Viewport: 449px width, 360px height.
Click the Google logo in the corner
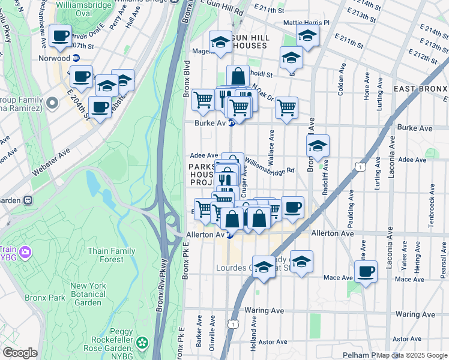pyautogui.click(x=20, y=353)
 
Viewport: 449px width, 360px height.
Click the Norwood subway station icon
pyautogui.click(x=76, y=58)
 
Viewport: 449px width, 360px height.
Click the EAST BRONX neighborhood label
pyautogui.click(x=420, y=89)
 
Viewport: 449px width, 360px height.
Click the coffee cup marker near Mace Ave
pyautogui.click(x=366, y=271)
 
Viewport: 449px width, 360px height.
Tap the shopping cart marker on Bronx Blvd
pyautogui.click(x=203, y=99)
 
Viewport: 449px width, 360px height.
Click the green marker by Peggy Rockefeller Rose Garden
pyautogui.click(x=142, y=343)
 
